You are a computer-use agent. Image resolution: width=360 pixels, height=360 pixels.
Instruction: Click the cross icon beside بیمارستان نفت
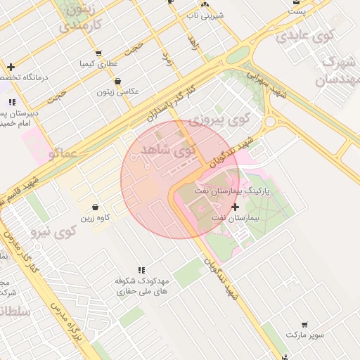235,207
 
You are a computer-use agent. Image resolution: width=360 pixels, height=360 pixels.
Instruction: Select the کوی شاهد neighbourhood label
166,150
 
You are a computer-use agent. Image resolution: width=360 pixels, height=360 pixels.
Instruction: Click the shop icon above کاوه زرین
96,207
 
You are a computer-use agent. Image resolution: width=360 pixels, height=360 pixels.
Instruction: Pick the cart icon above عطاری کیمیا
98,53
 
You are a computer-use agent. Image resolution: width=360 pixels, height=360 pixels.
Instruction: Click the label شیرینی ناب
206,14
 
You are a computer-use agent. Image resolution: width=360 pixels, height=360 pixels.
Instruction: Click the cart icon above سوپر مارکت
304,325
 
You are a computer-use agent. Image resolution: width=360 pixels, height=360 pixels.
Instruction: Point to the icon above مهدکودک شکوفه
141,270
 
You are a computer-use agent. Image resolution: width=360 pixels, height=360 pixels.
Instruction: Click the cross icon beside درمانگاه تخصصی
11,67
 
